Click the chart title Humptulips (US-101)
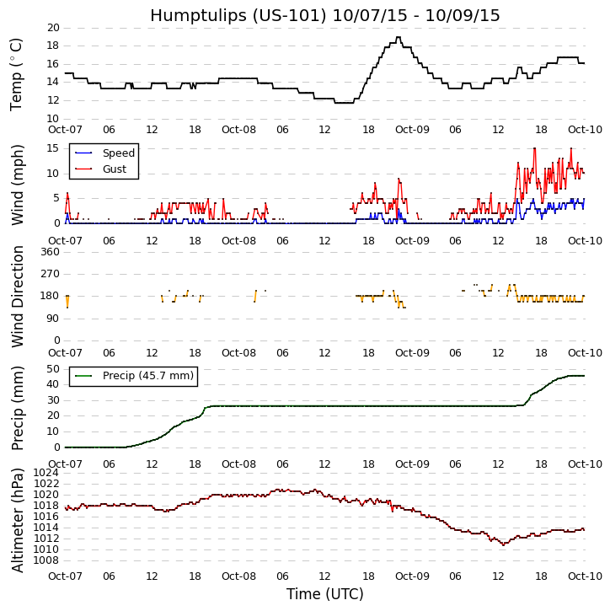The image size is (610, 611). pos(324,15)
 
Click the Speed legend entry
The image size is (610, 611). pos(118,153)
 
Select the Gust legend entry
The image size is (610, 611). pos(114,169)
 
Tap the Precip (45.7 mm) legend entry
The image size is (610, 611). pos(147,376)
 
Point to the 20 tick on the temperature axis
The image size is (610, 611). pos(52,28)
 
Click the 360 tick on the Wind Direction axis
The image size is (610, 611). pos(49,252)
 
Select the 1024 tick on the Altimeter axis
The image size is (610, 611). pos(45,473)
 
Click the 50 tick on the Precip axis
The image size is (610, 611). pos(52,368)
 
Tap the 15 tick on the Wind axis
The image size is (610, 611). pos(52,148)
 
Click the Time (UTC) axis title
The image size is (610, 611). pos(324,594)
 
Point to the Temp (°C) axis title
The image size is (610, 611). pos(17,73)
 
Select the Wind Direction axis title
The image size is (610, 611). pos(17,296)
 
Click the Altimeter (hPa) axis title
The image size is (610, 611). pos(17,520)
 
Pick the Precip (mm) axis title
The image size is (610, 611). pos(17,407)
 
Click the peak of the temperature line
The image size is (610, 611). pos(398,37)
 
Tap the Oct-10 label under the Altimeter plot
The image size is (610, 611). pos(584,576)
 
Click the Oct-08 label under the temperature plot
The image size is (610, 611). pos(238,131)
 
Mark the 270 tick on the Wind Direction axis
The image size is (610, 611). pos(49,274)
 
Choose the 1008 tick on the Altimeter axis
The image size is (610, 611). pos(45,560)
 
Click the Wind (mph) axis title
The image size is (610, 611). pos(17,184)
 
